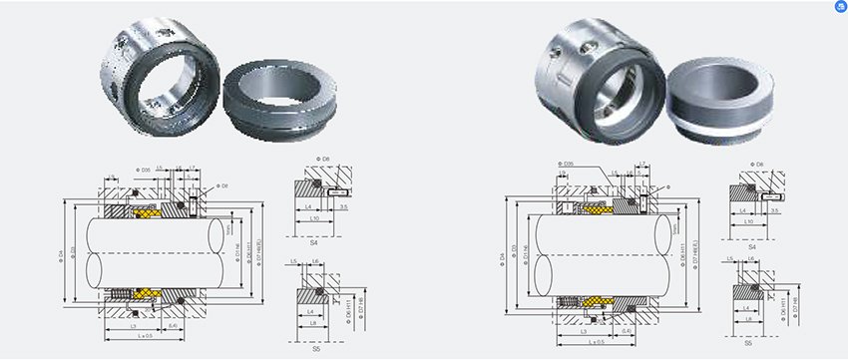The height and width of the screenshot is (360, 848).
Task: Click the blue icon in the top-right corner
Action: point(839,7)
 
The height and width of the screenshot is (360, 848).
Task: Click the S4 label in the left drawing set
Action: point(313,241)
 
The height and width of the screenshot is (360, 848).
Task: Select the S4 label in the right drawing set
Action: point(754,241)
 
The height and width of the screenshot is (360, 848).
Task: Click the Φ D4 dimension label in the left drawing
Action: point(61,254)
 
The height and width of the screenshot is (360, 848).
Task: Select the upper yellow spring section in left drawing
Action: point(146,212)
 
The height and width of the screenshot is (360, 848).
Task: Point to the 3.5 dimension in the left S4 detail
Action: point(342,208)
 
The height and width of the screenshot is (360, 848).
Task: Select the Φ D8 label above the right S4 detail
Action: point(758,163)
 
